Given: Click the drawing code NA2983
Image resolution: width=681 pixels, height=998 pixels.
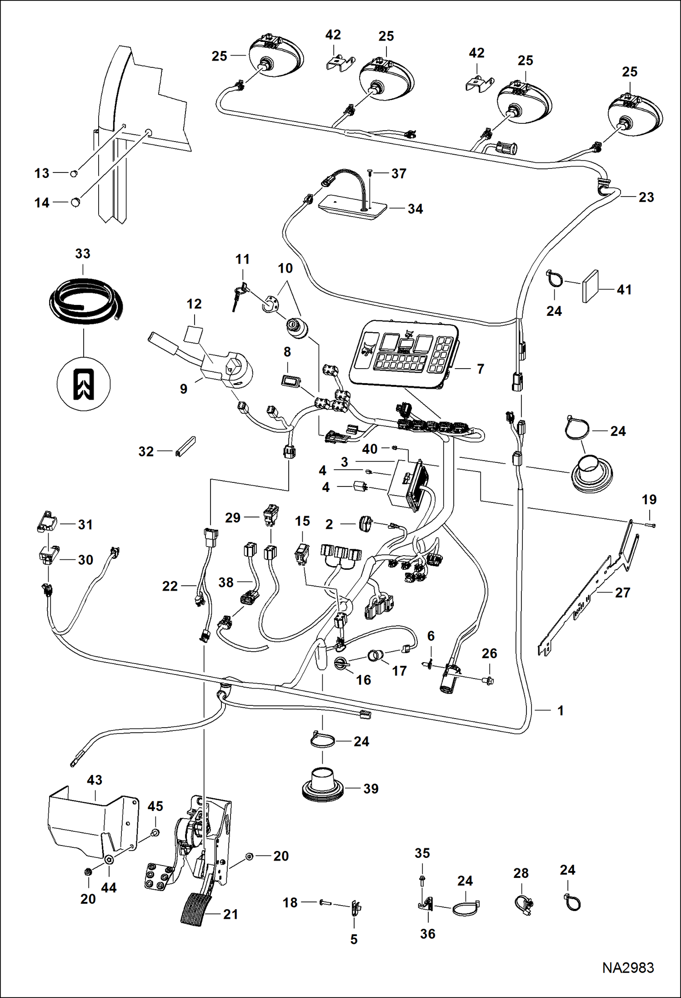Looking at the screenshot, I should (628, 968).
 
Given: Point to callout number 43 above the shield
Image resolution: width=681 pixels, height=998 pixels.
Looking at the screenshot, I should (95, 780).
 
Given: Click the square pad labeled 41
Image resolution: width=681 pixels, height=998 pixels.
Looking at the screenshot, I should (590, 286).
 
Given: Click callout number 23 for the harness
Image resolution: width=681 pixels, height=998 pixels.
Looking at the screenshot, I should (646, 197).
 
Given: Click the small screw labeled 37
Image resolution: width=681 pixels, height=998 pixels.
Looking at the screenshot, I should (370, 172).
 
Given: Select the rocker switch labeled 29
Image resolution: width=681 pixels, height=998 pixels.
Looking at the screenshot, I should (271, 515).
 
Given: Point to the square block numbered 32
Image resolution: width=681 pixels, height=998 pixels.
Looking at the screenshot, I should (185, 447).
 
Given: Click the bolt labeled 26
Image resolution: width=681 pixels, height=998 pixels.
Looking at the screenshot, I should (488, 681).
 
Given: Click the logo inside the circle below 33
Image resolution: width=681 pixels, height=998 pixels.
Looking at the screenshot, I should (84, 384).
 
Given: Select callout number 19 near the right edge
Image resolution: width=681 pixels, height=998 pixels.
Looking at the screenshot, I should (649, 499).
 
